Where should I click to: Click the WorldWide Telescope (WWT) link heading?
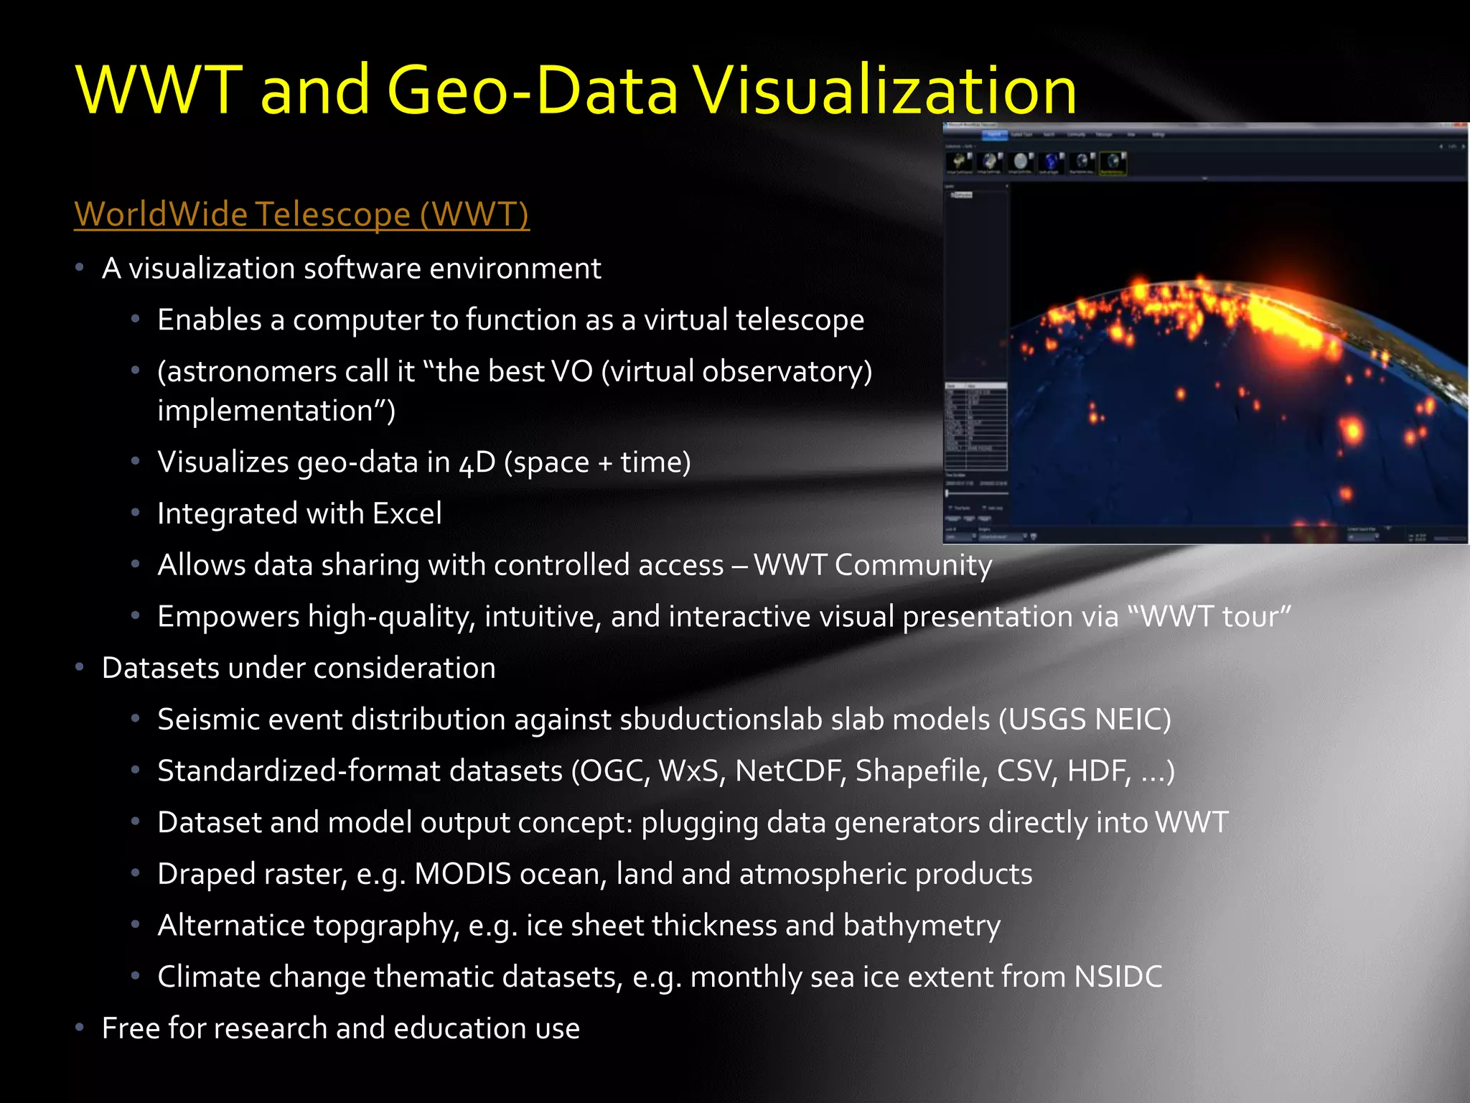pos(301,214)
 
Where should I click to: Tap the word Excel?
pos(407,513)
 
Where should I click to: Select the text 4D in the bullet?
pos(477,462)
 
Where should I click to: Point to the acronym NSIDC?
pos(1118,977)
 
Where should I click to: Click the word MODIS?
pos(463,875)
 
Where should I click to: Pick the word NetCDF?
pos(790,771)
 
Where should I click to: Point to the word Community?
pos(913,565)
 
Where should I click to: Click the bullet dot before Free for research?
pos(80,1028)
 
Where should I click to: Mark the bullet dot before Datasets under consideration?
pos(80,668)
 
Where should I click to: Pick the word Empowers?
pos(228,617)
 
